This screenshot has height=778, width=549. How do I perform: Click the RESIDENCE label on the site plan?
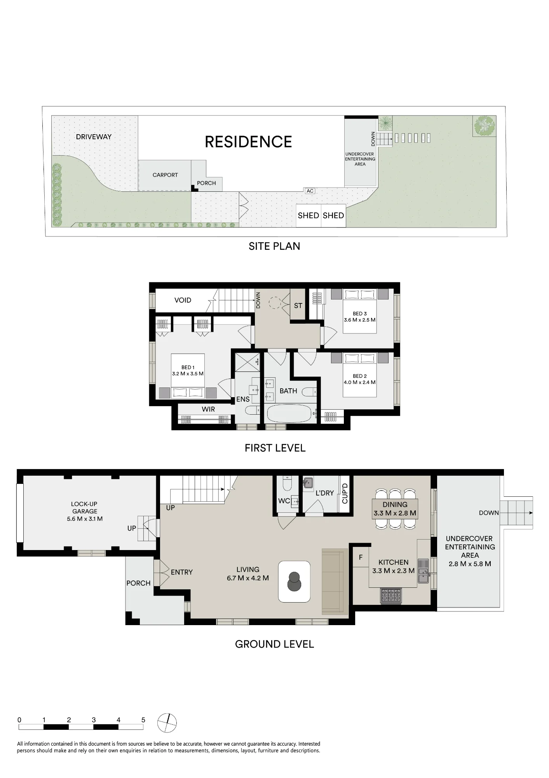pyautogui.click(x=248, y=142)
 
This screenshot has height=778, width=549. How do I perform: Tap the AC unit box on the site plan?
pyautogui.click(x=310, y=191)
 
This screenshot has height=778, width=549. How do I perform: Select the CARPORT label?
pyautogui.click(x=165, y=175)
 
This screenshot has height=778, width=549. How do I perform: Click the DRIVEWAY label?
pyautogui.click(x=94, y=137)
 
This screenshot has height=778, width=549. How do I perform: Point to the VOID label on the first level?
pyautogui.click(x=183, y=300)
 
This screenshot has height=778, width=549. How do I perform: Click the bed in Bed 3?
pyautogui.click(x=360, y=311)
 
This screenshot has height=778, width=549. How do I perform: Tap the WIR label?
pyautogui.click(x=208, y=409)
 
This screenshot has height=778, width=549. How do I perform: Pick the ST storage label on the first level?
pyautogui.click(x=298, y=306)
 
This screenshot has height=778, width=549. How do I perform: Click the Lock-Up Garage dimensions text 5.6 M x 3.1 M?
pyautogui.click(x=85, y=519)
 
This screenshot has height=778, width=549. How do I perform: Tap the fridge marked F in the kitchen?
pyautogui.click(x=361, y=557)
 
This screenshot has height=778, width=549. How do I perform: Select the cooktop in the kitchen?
pyautogui.click(x=391, y=596)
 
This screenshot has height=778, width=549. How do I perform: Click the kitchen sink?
pyautogui.click(x=423, y=571)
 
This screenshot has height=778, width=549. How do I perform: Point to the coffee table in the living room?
pyautogui.click(x=295, y=582)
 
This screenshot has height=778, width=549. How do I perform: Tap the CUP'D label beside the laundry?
pyautogui.click(x=345, y=493)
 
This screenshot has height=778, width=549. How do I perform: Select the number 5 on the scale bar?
pyautogui.click(x=143, y=720)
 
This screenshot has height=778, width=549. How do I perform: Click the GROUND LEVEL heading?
pyautogui.click(x=274, y=644)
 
